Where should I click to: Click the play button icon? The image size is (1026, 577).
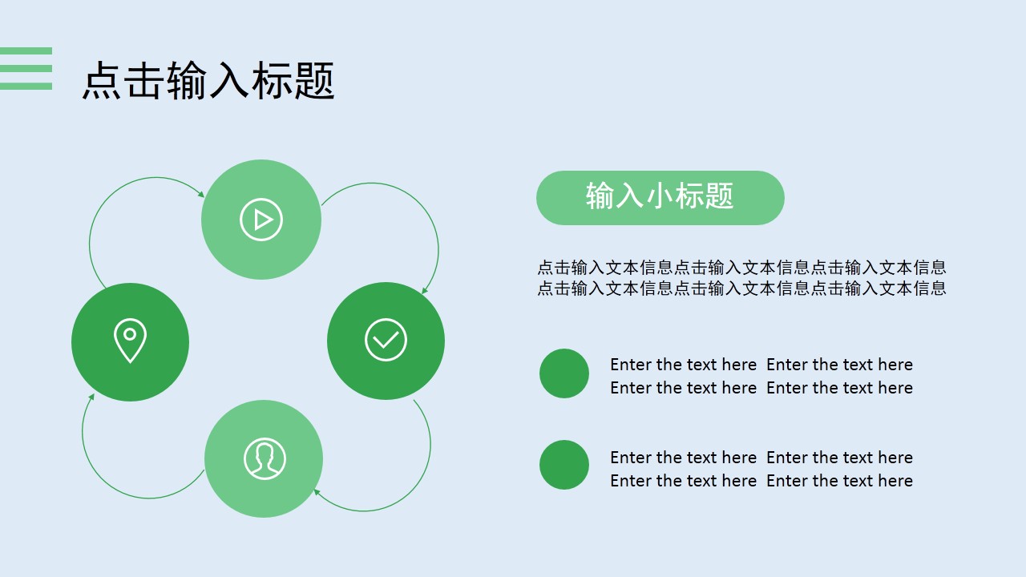pyautogui.click(x=261, y=220)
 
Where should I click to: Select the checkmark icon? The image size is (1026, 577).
pyautogui.click(x=386, y=341)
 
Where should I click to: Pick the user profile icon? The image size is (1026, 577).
pyautogui.click(x=265, y=459)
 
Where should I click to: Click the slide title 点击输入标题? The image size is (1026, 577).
pyautogui.click(x=208, y=81)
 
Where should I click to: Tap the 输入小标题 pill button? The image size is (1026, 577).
pyautogui.click(x=660, y=198)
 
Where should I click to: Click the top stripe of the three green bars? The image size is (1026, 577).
pyautogui.click(x=26, y=50)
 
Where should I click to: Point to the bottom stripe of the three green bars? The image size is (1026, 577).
pyautogui.click(x=26, y=86)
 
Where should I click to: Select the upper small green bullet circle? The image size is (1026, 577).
pyautogui.click(x=564, y=373)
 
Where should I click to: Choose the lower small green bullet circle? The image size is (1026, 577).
pyautogui.click(x=564, y=465)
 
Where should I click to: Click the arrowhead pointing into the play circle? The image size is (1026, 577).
pyautogui.click(x=201, y=194)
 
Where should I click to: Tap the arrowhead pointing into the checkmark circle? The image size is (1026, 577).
pyautogui.click(x=425, y=290)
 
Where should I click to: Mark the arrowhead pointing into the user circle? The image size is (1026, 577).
pyautogui.click(x=317, y=492)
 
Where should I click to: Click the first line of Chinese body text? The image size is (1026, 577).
pyautogui.click(x=742, y=267)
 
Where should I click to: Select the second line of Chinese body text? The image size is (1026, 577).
pyautogui.click(x=742, y=288)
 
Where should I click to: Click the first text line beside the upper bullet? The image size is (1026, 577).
pyautogui.click(x=761, y=365)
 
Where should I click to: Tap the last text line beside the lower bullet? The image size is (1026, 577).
pyautogui.click(x=761, y=481)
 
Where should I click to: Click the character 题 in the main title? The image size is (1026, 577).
pyautogui.click(x=315, y=81)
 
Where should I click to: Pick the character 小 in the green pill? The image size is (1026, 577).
pyautogui.click(x=660, y=196)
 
